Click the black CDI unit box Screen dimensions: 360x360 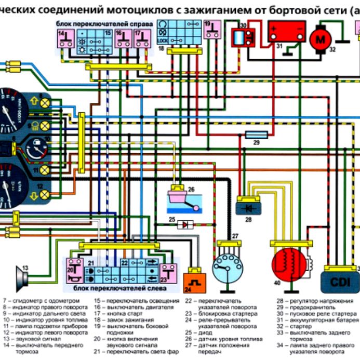click(341, 281)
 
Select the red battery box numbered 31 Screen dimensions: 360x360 click(285, 34)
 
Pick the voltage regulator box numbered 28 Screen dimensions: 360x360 click(249, 207)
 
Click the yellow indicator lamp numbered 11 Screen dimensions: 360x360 click(45, 170)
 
